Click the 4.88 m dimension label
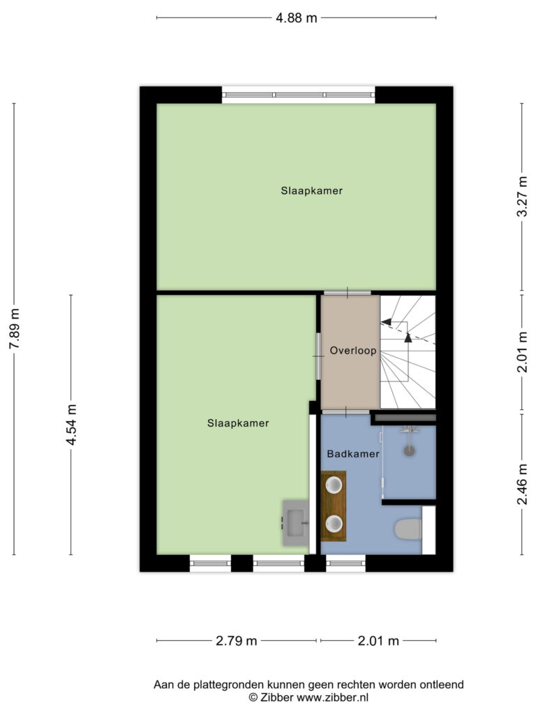[296, 17]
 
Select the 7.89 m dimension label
[14, 329]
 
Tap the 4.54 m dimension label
[71, 425]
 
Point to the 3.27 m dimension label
[522, 196]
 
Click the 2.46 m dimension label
[522, 484]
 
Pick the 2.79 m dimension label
[236, 641]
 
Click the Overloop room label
[353, 351]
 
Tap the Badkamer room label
[353, 454]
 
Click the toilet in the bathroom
[408, 529]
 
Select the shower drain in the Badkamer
[410, 450]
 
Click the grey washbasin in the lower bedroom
[296, 523]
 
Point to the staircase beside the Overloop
[408, 352]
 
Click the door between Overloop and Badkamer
[345, 412]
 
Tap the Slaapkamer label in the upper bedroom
[312, 191]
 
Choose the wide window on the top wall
[299, 95]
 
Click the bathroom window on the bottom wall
[346, 563]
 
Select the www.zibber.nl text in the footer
[333, 697]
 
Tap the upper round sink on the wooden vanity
[334, 485]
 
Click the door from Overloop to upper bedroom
[348, 293]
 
